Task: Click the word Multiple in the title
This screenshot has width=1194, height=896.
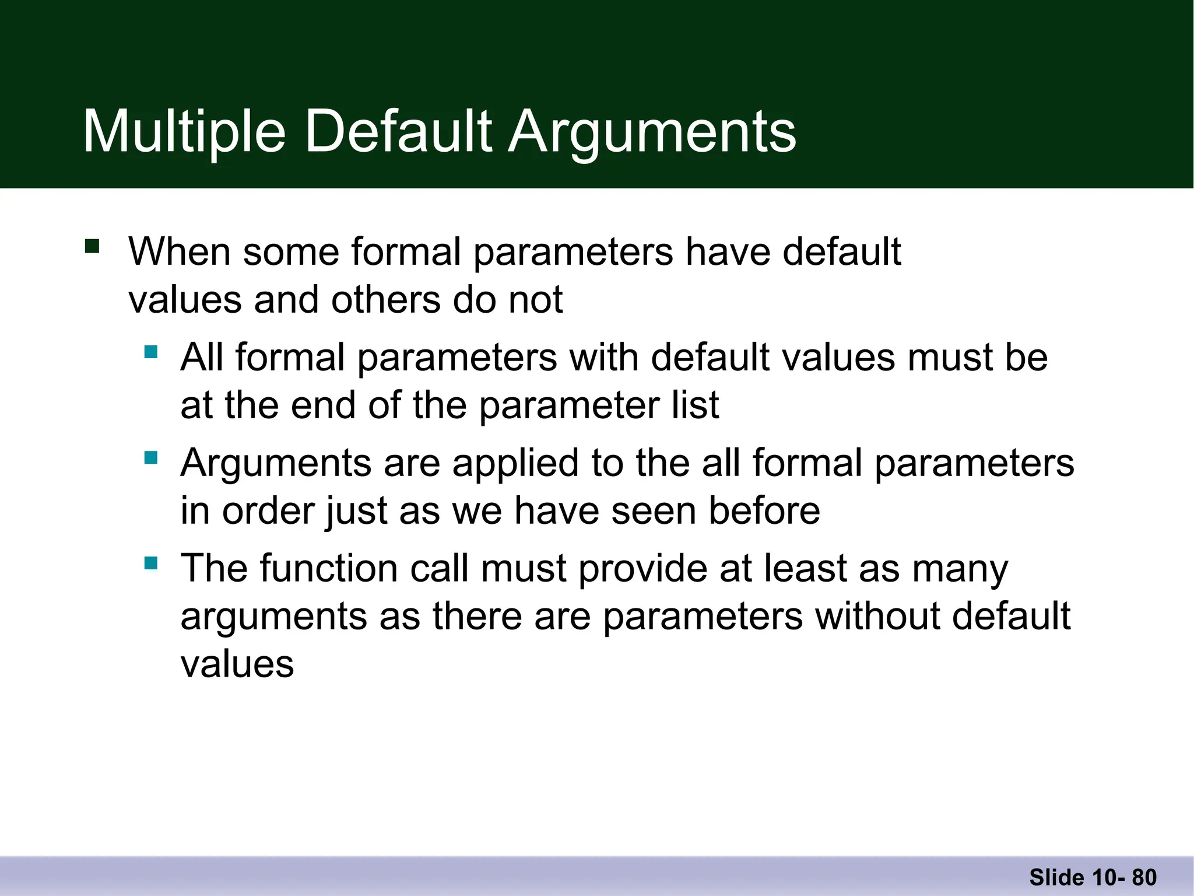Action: (184, 132)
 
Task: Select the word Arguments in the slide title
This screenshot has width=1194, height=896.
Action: (652, 132)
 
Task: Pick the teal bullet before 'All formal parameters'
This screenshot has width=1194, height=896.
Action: (151, 352)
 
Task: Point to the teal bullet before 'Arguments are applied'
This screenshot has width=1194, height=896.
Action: (151, 457)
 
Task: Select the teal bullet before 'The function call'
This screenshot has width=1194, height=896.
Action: (151, 563)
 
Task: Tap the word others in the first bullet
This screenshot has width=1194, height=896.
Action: (386, 300)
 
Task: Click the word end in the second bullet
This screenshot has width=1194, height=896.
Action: (323, 405)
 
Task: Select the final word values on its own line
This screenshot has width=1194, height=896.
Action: (237, 664)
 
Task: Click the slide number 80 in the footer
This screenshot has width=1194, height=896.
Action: (1144, 877)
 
